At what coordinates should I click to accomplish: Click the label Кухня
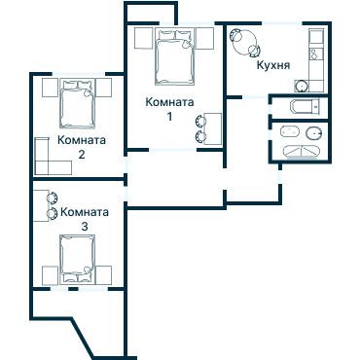[x=273, y=65]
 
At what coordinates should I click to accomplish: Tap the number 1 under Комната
[x=169, y=117]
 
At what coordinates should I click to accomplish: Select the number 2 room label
[x=82, y=155]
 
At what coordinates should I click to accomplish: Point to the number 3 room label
[x=85, y=227]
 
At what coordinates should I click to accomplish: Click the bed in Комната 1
[x=175, y=57]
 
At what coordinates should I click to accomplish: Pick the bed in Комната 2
[x=77, y=104]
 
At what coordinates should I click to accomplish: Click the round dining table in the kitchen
[x=245, y=43]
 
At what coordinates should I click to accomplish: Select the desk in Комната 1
[x=213, y=128]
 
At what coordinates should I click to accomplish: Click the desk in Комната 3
[x=41, y=205]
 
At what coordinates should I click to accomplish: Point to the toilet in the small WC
[x=306, y=106]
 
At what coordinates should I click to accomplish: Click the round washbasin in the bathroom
[x=313, y=132]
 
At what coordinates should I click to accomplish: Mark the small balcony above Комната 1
[x=150, y=14]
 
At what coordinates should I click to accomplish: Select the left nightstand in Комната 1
[x=143, y=38]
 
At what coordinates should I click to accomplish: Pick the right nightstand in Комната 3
[x=104, y=275]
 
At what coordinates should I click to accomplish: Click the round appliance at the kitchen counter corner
[x=302, y=86]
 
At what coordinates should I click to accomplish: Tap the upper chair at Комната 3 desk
[x=53, y=198]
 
